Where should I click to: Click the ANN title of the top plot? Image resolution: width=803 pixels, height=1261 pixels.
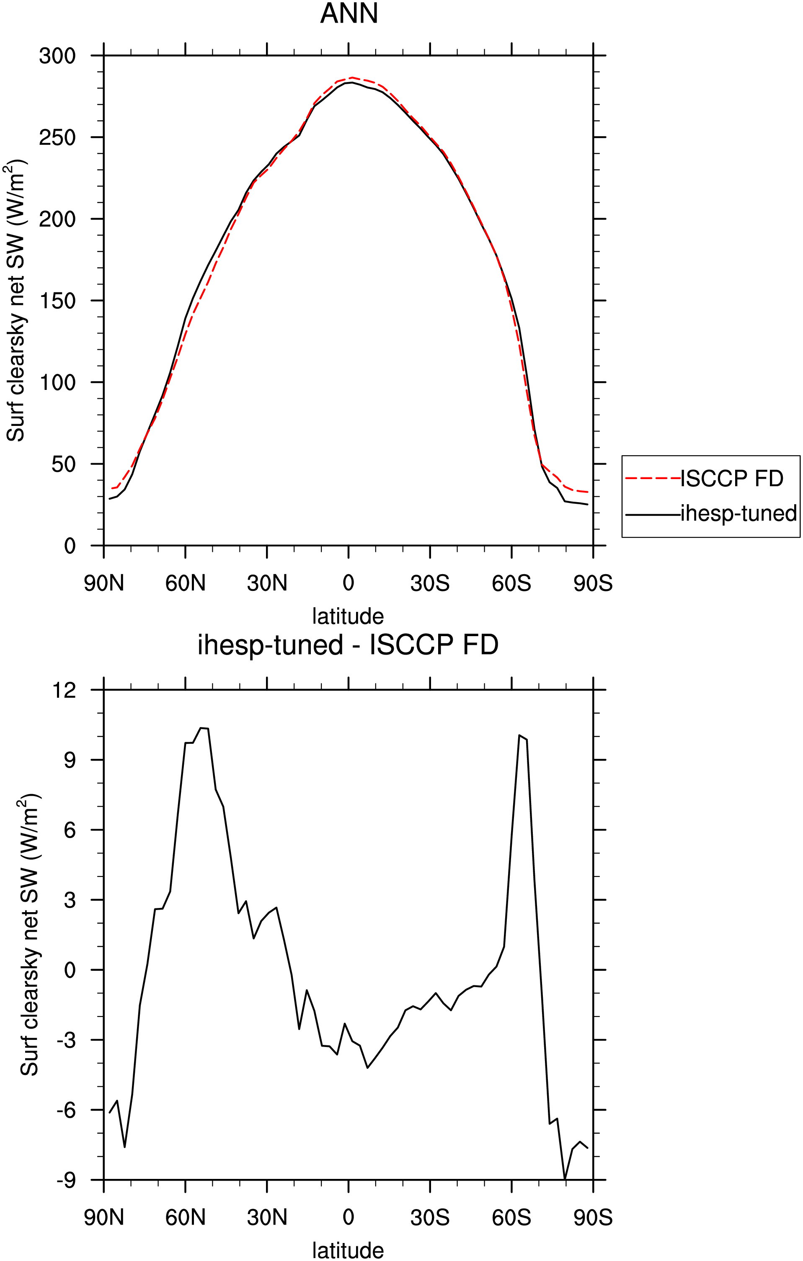[349, 14]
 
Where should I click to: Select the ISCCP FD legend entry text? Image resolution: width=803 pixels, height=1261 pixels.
[732, 479]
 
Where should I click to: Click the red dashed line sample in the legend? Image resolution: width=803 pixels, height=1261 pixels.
[653, 479]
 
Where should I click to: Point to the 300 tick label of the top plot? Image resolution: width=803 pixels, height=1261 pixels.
[58, 56]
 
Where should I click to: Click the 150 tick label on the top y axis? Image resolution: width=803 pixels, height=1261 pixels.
[58, 301]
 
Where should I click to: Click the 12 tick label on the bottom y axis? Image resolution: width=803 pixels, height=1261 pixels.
[65, 690]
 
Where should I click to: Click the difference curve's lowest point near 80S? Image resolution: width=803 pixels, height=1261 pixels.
[565, 1179]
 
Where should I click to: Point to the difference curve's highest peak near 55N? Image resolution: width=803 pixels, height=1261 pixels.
[201, 728]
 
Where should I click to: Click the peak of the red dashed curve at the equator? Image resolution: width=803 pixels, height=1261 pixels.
[351, 77]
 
